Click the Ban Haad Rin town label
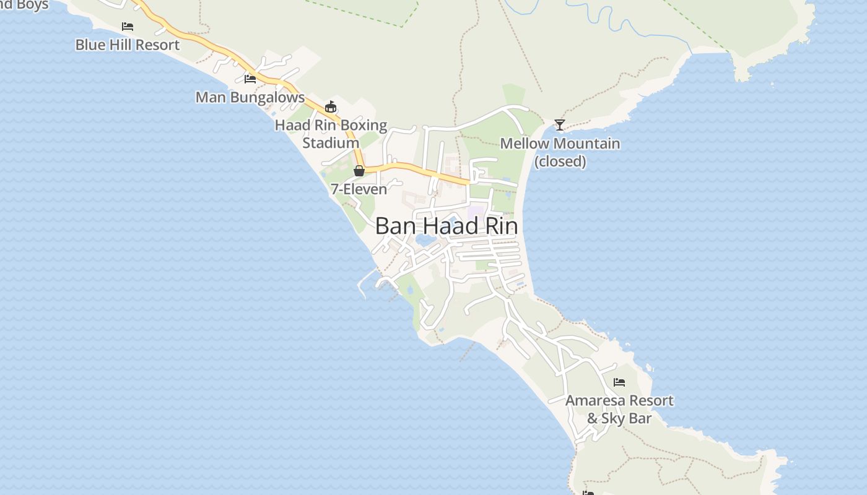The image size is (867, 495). coord(447,226)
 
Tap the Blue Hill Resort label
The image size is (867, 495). coord(127,45)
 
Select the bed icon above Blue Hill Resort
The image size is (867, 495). coord(128,27)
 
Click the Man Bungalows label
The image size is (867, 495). coord(250,97)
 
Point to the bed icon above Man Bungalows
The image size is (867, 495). coord(250,79)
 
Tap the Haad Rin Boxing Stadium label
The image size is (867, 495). coord(331,134)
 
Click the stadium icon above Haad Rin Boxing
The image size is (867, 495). coord(331,107)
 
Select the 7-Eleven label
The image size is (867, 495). coord(359,189)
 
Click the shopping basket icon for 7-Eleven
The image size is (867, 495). coord(359,171)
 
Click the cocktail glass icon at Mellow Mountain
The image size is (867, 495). coord(560,125)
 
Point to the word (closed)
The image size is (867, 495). coord(560,161)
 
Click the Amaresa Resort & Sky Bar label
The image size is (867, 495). coord(619,409)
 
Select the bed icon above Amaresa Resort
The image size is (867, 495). coord(619,382)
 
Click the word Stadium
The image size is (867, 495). coord(331,143)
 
